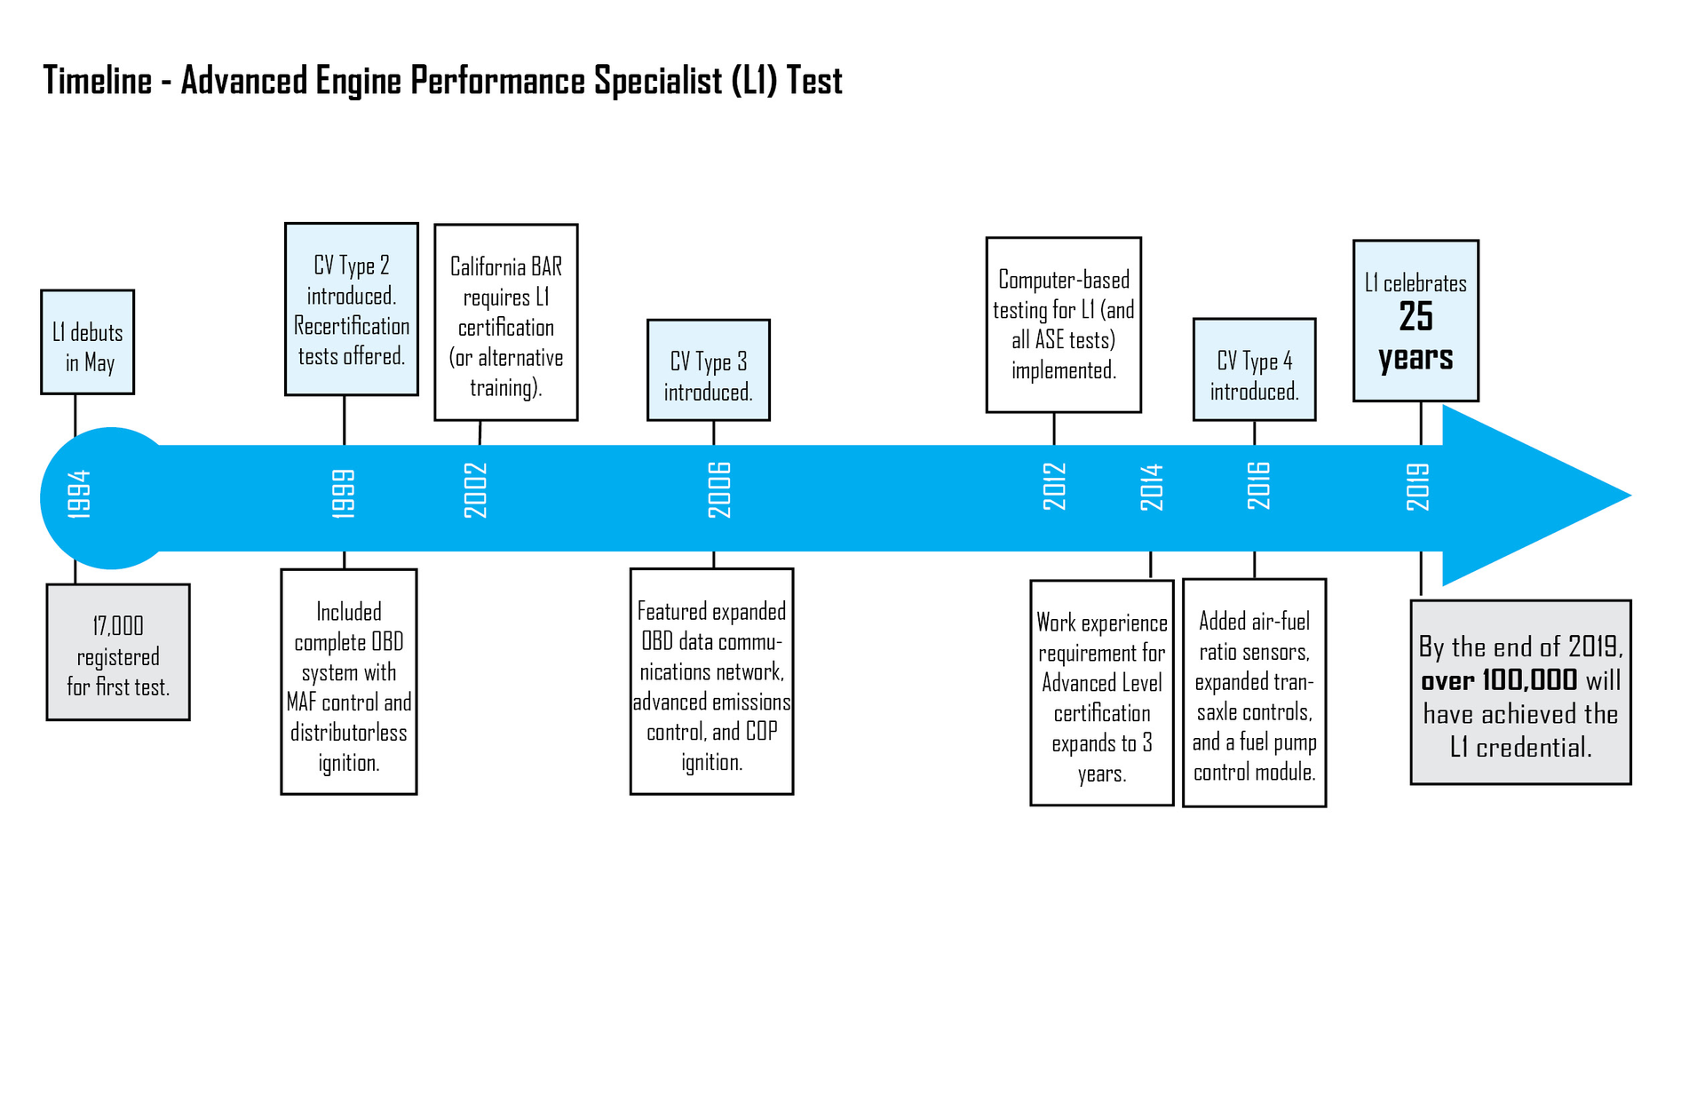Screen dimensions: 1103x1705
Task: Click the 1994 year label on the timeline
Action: (x=79, y=494)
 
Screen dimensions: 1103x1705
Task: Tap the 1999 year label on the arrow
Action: (x=344, y=494)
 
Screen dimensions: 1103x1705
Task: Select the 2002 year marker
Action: (x=476, y=490)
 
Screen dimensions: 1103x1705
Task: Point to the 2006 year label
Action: (x=719, y=490)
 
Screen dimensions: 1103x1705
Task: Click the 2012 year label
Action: (x=1054, y=487)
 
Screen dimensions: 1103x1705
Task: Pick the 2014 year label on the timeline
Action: (x=1152, y=488)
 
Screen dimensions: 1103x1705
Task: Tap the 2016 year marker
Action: (x=1258, y=486)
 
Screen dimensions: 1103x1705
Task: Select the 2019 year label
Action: (x=1418, y=487)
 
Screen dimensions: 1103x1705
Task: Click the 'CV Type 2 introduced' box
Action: (x=352, y=309)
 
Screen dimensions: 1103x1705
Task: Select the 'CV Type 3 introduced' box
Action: (x=708, y=370)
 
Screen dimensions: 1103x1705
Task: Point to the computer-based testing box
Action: (x=1063, y=325)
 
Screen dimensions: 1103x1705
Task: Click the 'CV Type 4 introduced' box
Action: (x=1254, y=370)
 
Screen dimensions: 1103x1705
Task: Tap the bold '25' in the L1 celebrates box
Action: (x=1416, y=316)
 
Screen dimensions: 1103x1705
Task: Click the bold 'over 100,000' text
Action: (x=1499, y=680)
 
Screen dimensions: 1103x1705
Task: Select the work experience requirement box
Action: (x=1101, y=694)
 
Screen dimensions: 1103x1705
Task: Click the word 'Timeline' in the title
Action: (x=98, y=81)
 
